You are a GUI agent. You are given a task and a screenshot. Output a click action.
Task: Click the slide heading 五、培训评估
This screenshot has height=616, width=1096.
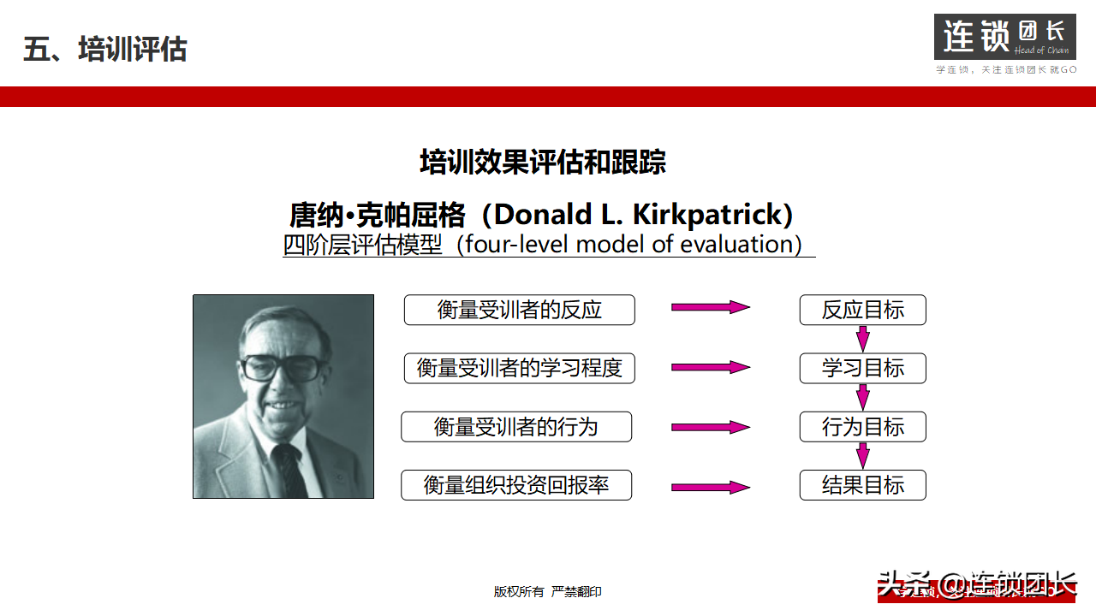104,49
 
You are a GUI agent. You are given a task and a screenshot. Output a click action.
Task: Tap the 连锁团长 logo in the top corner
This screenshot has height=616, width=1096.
1004,37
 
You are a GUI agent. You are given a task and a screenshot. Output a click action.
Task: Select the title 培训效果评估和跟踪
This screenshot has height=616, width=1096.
543,162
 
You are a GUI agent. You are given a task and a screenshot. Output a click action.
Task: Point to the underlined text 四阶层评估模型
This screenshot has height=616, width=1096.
363,245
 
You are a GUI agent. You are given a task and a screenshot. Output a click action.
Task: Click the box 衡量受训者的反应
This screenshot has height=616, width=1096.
519,310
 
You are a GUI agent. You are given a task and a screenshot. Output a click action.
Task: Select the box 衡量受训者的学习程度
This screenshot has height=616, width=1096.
519,368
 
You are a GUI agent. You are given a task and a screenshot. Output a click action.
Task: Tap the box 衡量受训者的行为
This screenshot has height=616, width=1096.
515,427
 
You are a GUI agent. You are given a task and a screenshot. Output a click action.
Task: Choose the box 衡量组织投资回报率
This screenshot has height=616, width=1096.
515,485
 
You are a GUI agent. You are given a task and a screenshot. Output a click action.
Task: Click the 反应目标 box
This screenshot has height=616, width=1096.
862,310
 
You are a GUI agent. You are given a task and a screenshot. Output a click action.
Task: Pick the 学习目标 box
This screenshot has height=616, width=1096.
862,368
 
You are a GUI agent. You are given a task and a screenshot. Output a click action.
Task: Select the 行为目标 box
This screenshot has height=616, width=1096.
862,427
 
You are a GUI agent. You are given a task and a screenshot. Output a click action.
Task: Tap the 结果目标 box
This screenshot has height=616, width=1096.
862,485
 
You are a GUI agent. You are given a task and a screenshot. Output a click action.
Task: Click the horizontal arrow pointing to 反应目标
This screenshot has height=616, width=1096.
710,307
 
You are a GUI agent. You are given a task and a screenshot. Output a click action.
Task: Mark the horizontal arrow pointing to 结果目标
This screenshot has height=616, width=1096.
710,487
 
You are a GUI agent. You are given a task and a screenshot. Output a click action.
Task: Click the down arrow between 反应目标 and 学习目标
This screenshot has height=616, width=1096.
862,339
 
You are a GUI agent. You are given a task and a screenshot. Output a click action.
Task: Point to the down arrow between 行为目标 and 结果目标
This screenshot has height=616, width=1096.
862,455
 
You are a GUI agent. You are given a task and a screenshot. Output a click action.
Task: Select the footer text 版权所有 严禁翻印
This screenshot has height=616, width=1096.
547,591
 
